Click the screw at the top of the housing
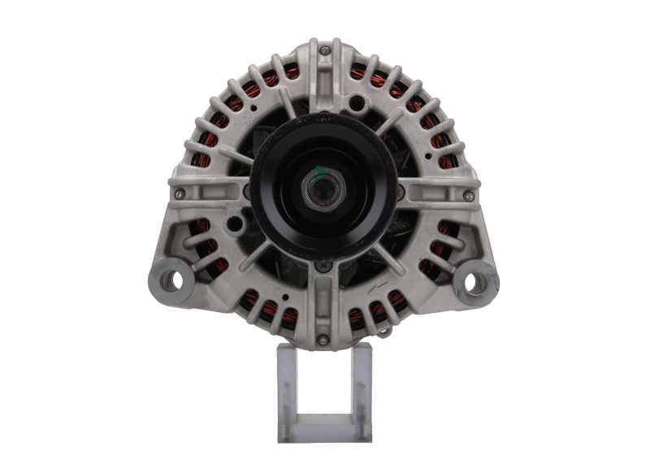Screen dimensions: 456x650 (325, 50)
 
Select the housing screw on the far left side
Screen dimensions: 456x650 (180, 193)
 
